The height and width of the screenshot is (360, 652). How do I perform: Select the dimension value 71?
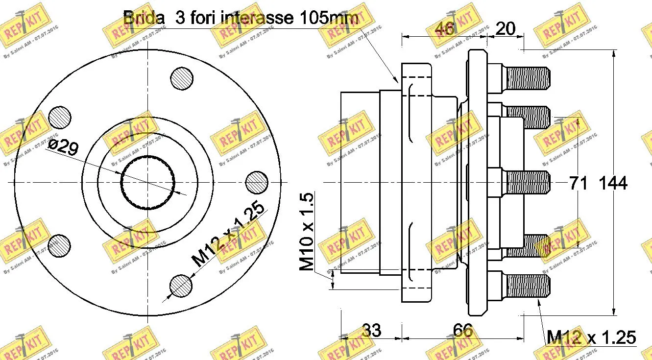(578, 183)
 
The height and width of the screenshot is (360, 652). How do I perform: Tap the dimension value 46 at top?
(445, 29)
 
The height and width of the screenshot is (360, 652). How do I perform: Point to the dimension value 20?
(506, 29)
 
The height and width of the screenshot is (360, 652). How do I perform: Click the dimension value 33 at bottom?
(371, 331)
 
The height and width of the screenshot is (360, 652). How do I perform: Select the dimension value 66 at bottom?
(463, 331)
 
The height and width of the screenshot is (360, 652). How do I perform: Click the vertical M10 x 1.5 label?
(307, 232)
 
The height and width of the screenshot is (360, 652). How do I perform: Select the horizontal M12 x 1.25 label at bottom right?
(591, 337)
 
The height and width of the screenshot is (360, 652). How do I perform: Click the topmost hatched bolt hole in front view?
(183, 78)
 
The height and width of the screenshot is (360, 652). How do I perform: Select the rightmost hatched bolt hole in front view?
(256, 183)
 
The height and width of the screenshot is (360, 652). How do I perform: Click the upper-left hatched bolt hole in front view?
(60, 118)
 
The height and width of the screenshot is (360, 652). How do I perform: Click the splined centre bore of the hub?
(148, 182)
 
